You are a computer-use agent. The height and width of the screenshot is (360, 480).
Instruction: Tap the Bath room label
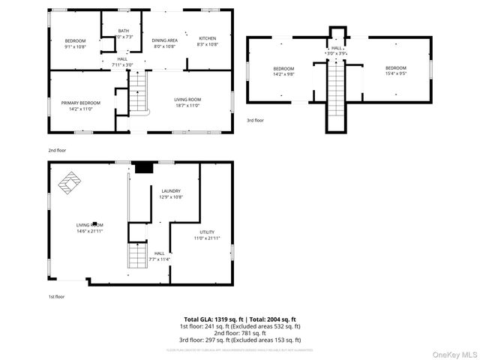pos(124,31)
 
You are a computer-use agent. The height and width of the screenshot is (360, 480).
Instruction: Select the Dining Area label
pos(164,40)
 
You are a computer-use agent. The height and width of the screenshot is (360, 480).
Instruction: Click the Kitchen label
pos(207,39)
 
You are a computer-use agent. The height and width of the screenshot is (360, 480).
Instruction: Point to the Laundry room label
pos(171,191)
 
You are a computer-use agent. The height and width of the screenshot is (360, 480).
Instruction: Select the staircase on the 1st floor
pos(136,256)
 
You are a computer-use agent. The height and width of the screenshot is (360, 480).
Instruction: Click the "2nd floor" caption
pos(57,150)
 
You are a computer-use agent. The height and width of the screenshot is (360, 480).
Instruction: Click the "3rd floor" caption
pos(255,120)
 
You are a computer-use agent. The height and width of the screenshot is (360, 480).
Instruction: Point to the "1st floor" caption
pos(56,296)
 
